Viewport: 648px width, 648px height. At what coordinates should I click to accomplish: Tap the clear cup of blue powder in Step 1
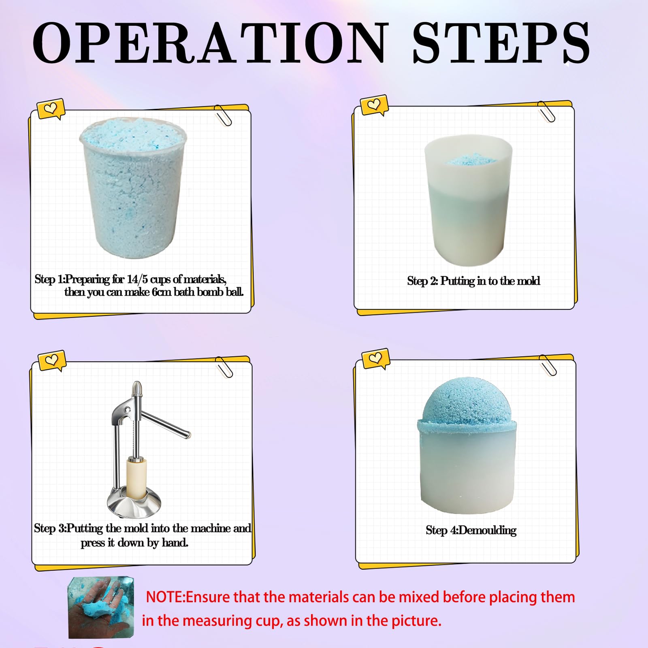coord(134,188)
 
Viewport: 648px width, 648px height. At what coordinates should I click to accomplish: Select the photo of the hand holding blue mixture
coord(100,607)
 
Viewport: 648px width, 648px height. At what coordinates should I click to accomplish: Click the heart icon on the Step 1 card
coord(51,109)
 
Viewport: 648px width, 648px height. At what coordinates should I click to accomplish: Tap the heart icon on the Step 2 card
coord(374,105)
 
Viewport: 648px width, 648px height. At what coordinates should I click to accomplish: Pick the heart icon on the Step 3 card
coord(52,360)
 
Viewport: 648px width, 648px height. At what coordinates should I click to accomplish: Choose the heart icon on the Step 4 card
coord(375,358)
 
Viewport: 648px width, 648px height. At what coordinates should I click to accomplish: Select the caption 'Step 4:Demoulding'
coord(471,530)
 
